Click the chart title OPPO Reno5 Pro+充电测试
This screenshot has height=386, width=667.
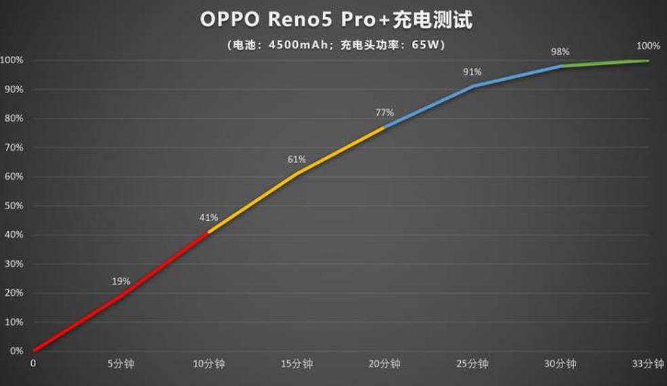pyautogui.click(x=335, y=20)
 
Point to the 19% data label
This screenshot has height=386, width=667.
pyautogui.click(x=121, y=281)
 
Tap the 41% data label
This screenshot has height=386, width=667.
pyautogui.click(x=208, y=217)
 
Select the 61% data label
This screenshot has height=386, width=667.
pyautogui.click(x=297, y=160)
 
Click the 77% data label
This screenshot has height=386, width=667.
pyautogui.click(x=384, y=112)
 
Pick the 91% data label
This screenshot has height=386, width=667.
pyautogui.click(x=472, y=71)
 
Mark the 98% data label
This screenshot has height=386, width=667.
pyautogui.click(x=560, y=52)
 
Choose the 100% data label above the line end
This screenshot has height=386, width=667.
pyautogui.click(x=648, y=46)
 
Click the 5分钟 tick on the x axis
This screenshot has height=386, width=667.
pyautogui.click(x=121, y=364)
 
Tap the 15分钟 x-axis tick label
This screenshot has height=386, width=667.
pyautogui.click(x=297, y=364)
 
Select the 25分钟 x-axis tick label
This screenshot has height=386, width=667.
pyautogui.click(x=473, y=364)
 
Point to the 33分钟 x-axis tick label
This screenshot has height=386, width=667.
pyautogui.click(x=649, y=364)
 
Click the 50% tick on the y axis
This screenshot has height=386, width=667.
pyautogui.click(x=14, y=206)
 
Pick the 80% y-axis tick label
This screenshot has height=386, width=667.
pyautogui.click(x=14, y=118)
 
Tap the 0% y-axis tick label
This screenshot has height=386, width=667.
pyautogui.click(x=16, y=351)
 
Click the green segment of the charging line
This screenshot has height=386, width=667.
pyautogui.click(x=604, y=63)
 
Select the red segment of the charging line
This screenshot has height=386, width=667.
pyautogui.click(x=121, y=296)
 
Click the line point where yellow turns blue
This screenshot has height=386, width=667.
pyautogui.click(x=385, y=127)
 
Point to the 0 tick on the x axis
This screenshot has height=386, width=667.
pyautogui.click(x=33, y=364)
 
